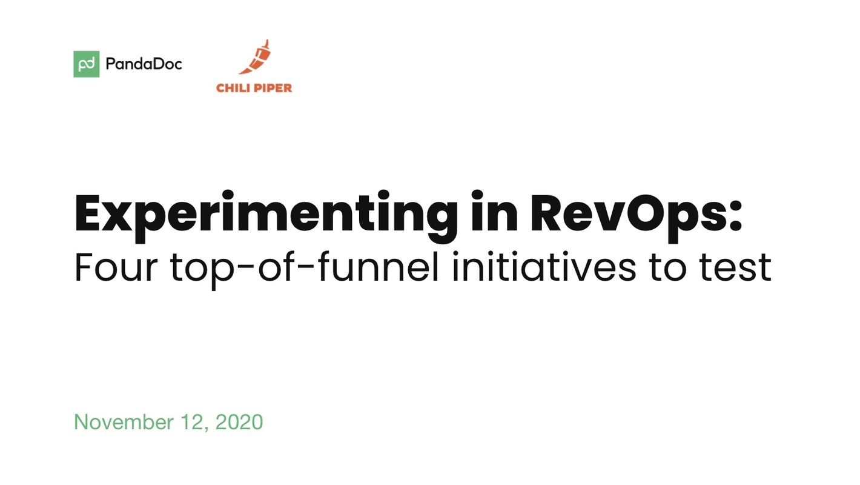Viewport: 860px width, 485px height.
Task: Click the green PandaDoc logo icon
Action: pyautogui.click(x=87, y=64)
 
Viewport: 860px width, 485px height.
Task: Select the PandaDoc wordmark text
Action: pyautogui.click(x=144, y=64)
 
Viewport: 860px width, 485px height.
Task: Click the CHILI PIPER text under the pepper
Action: pyautogui.click(x=254, y=88)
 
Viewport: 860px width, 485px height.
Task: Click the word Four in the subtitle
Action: pyautogui.click(x=113, y=267)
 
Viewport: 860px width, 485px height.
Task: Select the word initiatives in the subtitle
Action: pyautogui.click(x=543, y=267)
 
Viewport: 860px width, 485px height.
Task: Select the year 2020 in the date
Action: pyautogui.click(x=239, y=422)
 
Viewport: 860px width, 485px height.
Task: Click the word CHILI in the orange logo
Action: pyautogui.click(x=233, y=88)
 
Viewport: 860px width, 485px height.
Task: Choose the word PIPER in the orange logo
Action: pyautogui.click(x=272, y=88)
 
